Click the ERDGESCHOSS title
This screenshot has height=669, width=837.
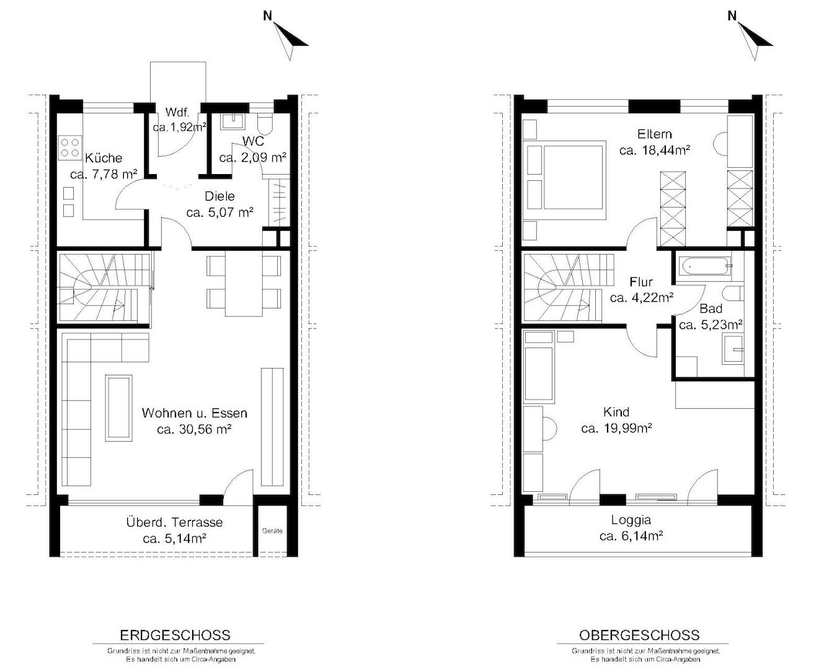(175, 635)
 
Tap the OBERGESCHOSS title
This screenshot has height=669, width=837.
(639, 635)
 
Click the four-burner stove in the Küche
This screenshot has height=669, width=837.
(70, 147)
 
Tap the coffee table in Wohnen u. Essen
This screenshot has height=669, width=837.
(118, 408)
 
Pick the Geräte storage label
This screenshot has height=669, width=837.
(272, 531)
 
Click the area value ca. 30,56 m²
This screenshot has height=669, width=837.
(194, 429)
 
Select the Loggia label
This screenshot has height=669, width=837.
(631, 520)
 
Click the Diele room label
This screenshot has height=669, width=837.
(219, 196)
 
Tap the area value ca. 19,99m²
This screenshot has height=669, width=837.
(617, 429)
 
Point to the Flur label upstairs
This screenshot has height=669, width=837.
(641, 281)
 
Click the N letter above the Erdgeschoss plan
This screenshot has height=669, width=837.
(268, 16)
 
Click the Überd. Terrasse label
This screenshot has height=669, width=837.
(174, 522)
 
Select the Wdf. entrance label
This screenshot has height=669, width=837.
(177, 112)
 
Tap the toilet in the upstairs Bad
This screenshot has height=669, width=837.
(733, 293)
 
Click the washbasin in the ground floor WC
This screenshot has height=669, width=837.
(232, 121)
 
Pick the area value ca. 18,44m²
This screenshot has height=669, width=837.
(655, 150)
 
